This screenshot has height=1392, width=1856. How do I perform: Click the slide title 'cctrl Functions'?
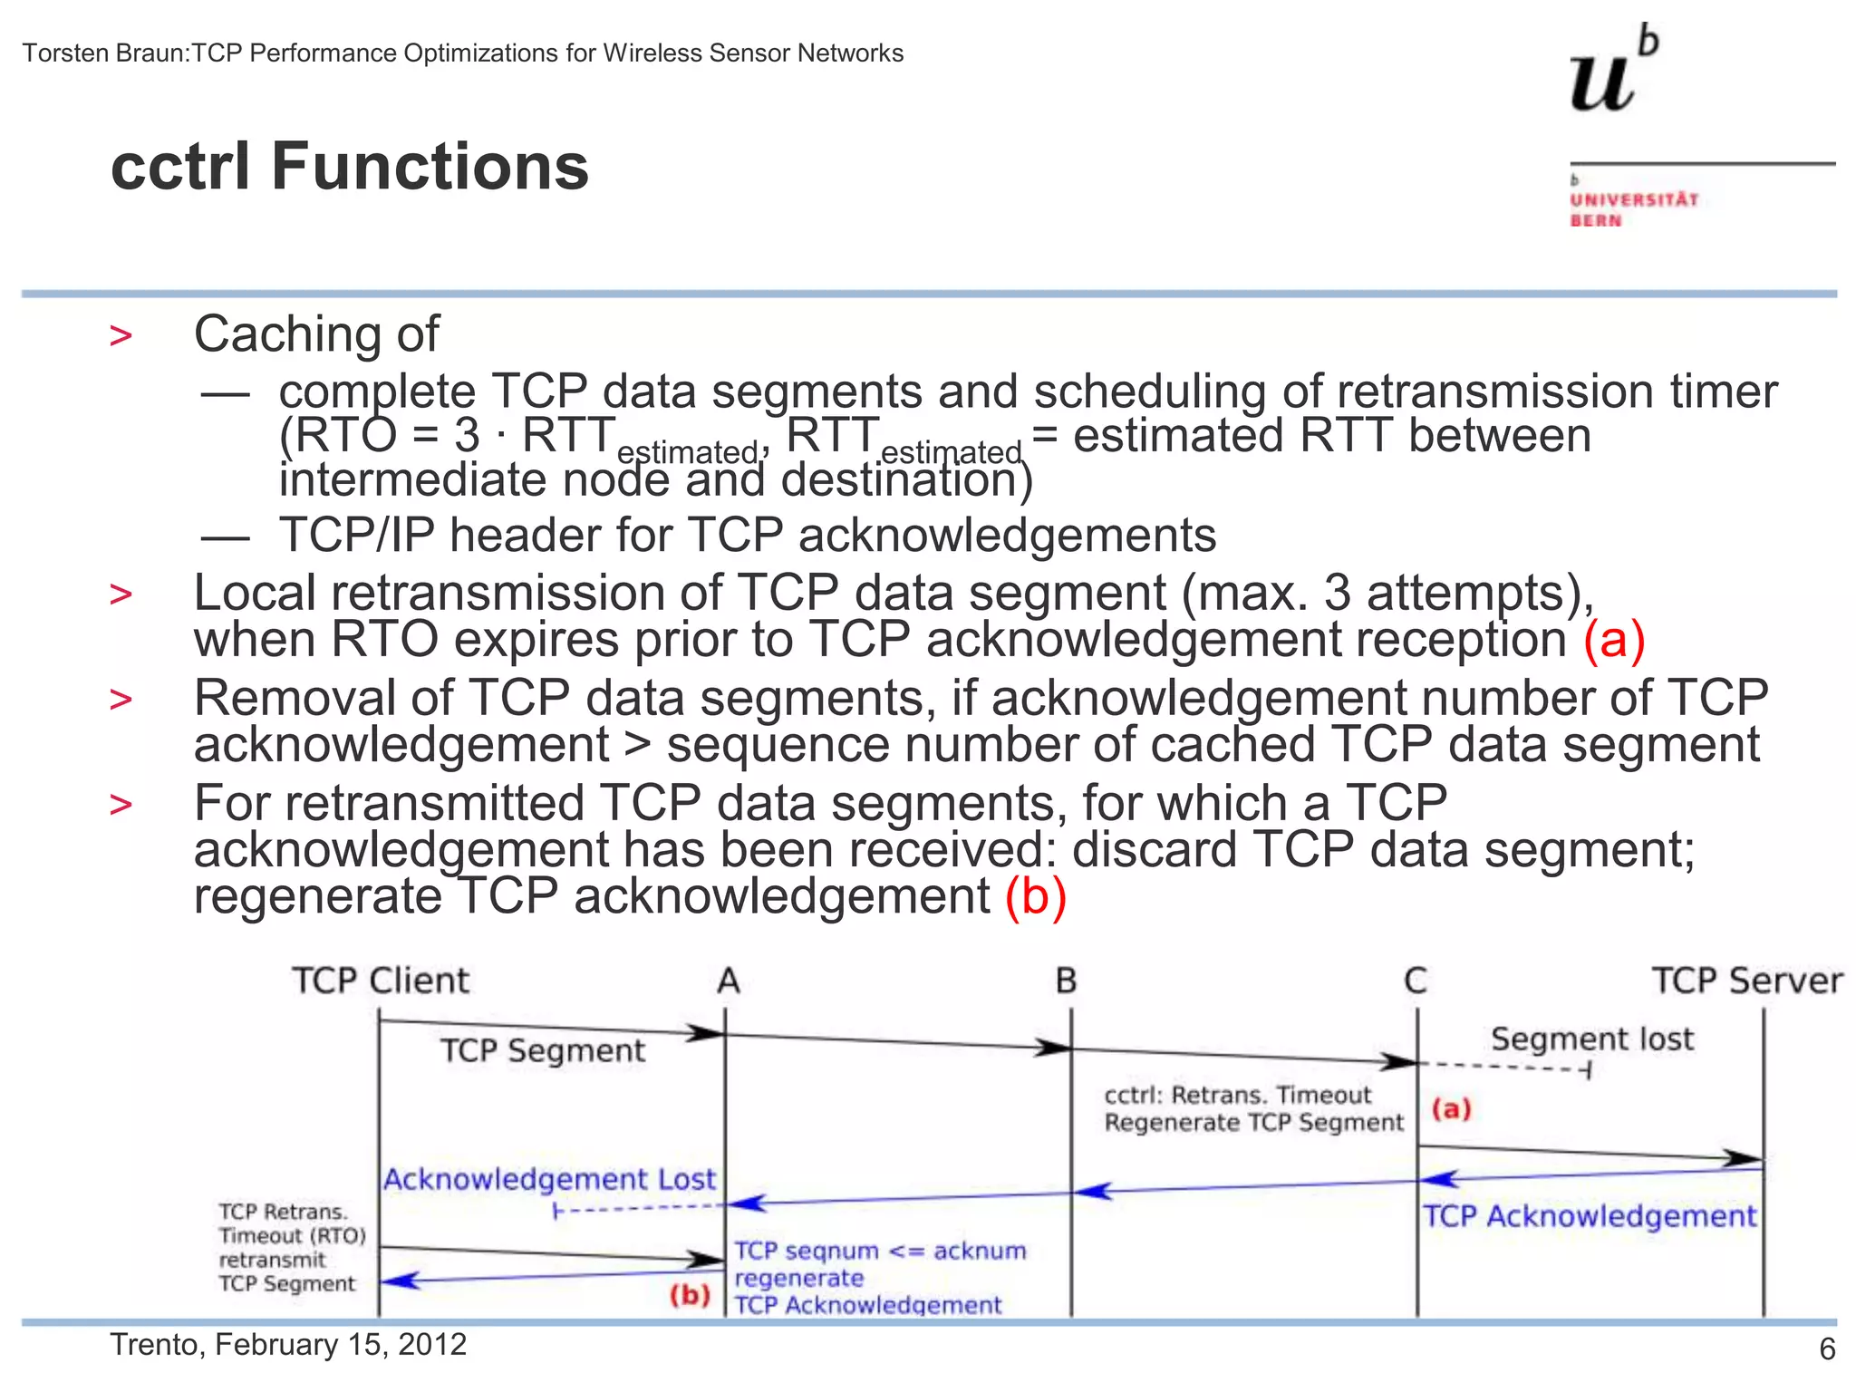(x=350, y=168)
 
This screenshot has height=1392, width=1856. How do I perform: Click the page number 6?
(x=1827, y=1349)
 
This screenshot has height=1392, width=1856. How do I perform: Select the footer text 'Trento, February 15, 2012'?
(x=288, y=1344)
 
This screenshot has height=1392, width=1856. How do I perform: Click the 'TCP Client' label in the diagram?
(x=380, y=981)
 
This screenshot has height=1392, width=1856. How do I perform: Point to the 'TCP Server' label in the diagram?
(x=1746, y=981)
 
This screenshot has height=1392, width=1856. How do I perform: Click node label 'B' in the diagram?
(x=1066, y=981)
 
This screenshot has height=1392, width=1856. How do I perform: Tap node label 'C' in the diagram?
(x=1415, y=981)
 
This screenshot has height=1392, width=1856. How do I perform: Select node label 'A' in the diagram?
(x=729, y=981)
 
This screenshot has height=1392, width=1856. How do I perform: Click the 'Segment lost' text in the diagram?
(x=1591, y=1039)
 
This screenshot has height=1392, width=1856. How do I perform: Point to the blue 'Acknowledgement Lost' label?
(x=549, y=1179)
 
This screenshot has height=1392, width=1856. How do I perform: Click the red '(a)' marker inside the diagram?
(x=1451, y=1108)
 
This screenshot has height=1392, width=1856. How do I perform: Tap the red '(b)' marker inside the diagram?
(x=690, y=1294)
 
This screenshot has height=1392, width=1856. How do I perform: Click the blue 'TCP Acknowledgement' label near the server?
(x=1589, y=1216)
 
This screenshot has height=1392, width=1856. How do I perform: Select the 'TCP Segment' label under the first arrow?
(x=542, y=1050)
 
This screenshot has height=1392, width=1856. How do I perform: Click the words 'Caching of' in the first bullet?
(x=316, y=333)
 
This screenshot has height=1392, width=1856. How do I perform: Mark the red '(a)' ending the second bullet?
(x=1614, y=640)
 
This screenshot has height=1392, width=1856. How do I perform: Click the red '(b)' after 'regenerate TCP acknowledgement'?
(x=1036, y=896)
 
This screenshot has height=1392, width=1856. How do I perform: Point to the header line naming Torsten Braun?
(x=462, y=53)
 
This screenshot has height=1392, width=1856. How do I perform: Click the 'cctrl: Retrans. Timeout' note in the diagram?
(x=1237, y=1095)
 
